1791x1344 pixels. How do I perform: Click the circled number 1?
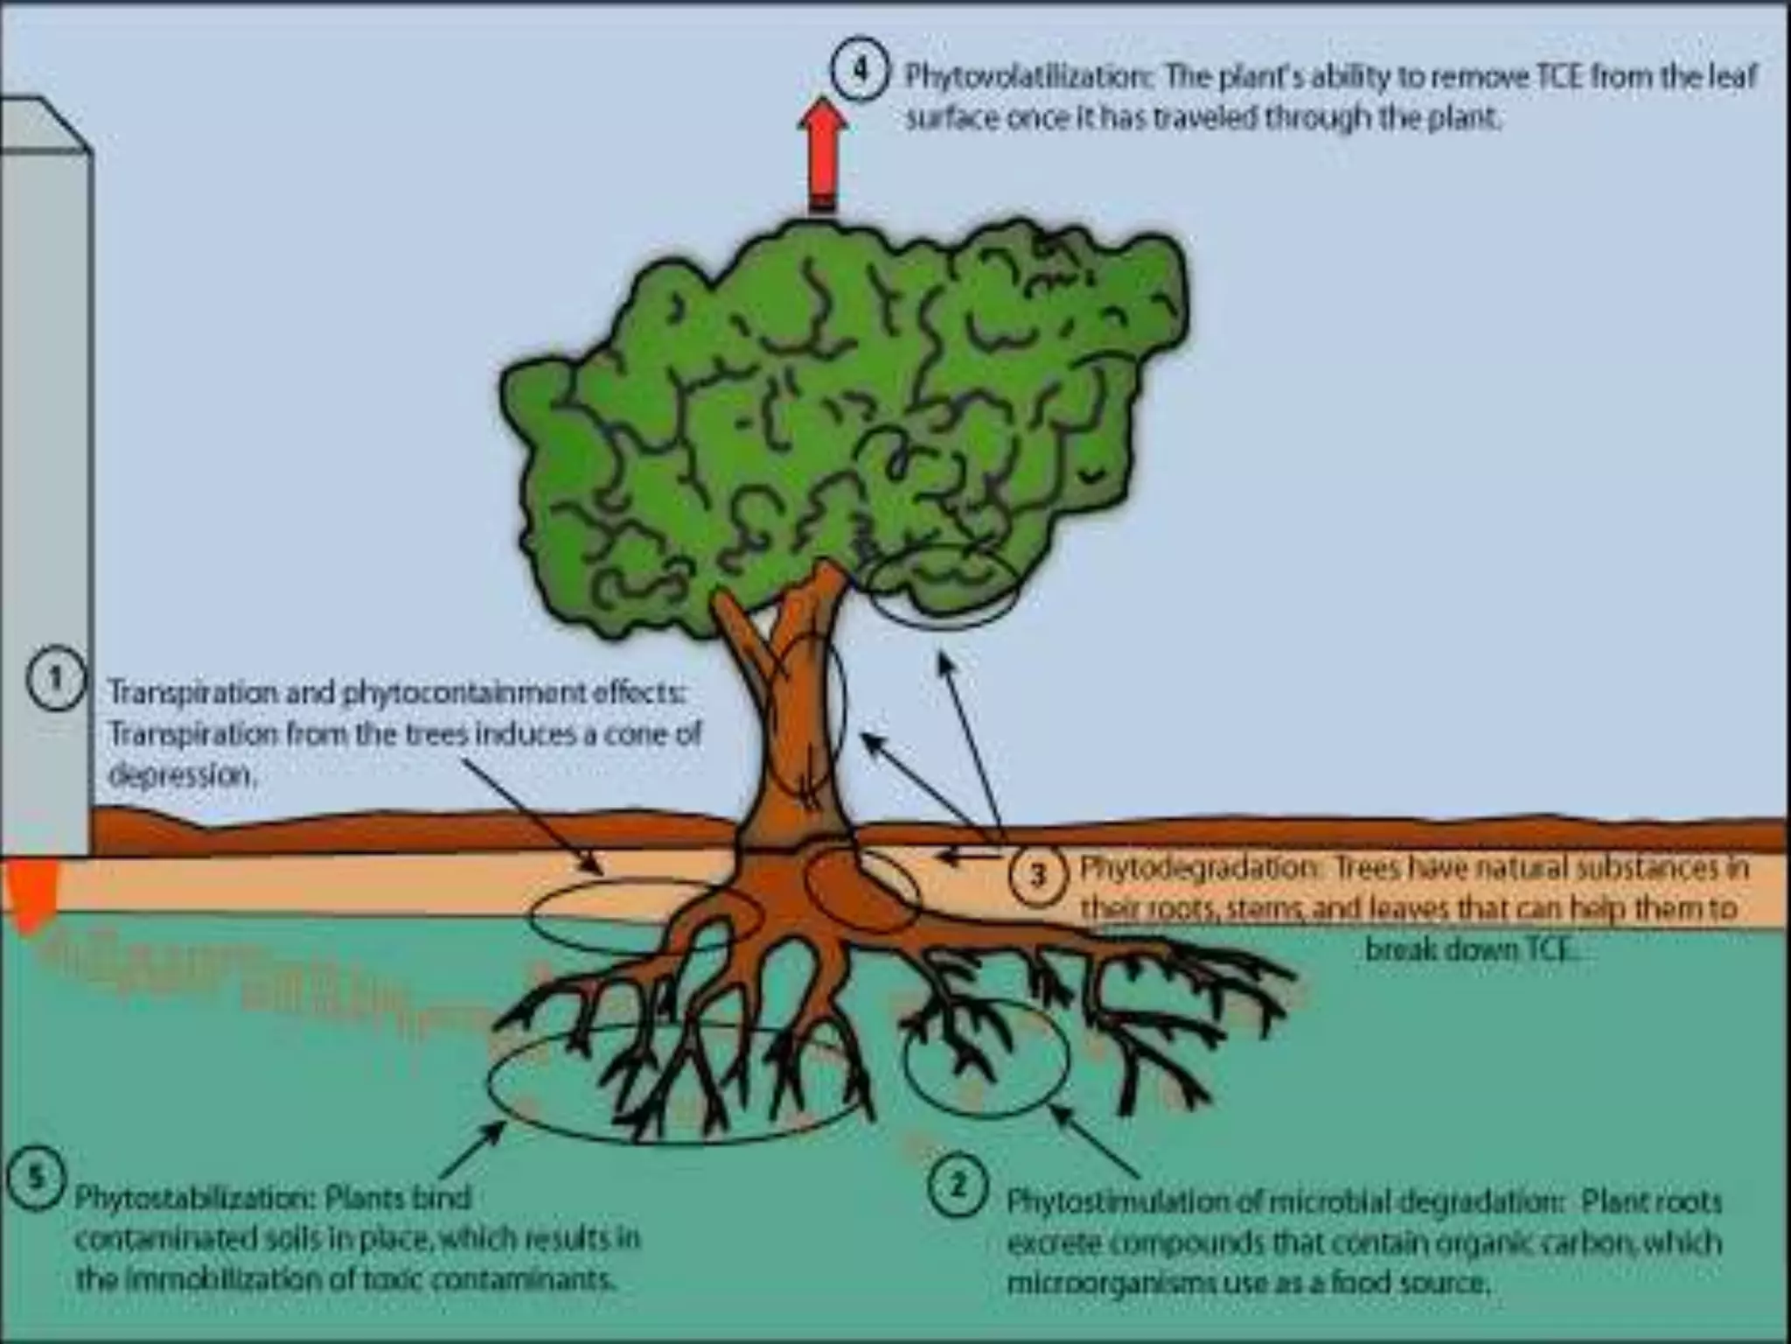pos(56,679)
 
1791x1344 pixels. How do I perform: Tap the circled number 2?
pos(958,1186)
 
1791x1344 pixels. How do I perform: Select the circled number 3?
pos(1038,874)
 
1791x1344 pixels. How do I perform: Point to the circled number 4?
pos(861,70)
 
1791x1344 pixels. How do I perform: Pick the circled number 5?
pos(36,1177)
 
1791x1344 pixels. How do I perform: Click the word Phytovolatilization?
pos(1028,77)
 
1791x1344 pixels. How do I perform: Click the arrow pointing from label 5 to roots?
pos(472,1150)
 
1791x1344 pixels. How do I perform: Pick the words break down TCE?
pos(1474,949)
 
